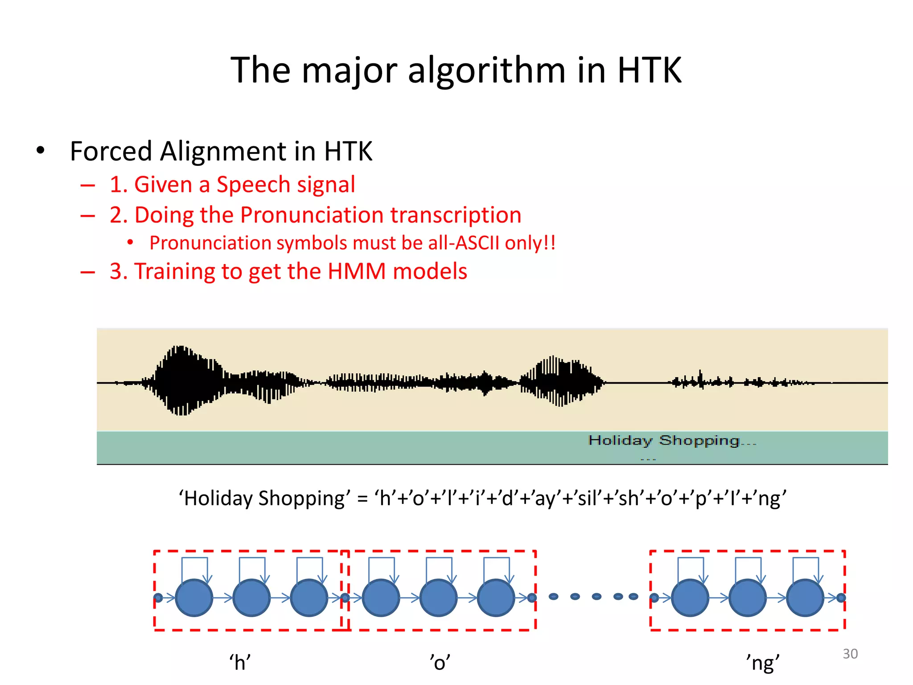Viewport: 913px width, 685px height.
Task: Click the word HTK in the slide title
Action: click(649, 70)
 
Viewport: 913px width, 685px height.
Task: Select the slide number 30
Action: click(850, 654)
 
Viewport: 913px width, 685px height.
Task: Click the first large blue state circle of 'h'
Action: click(194, 598)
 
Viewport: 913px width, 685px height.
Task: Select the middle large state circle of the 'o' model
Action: click(439, 598)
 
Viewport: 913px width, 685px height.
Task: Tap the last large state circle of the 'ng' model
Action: click(805, 598)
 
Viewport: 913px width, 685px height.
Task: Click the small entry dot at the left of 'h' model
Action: click(158, 598)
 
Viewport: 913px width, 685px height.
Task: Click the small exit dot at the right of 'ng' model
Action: click(841, 598)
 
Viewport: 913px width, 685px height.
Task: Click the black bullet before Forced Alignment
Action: click(41, 151)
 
